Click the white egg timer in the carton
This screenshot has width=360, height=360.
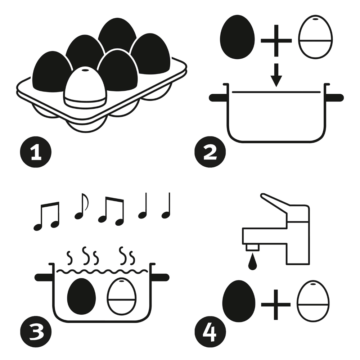click(85, 88)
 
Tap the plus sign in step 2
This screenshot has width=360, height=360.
click(276, 40)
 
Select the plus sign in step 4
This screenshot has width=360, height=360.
click(276, 305)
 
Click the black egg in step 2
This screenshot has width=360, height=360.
click(237, 37)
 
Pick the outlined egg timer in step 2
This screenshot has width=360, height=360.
click(315, 37)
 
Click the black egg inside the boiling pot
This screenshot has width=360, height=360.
click(81, 296)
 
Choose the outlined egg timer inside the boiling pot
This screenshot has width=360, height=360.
click(122, 296)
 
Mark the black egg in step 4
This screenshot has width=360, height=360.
click(239, 301)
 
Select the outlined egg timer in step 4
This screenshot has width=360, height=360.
click(313, 301)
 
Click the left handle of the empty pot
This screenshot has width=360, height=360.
click(217, 97)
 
